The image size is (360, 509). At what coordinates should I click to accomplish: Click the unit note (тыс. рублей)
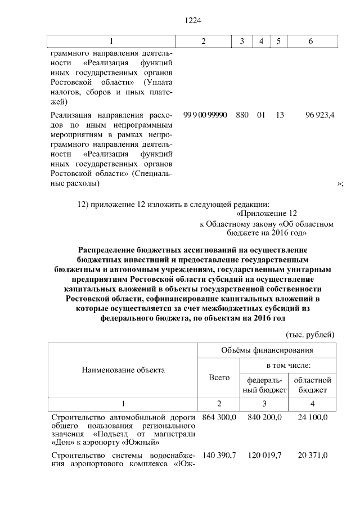click(x=310, y=334)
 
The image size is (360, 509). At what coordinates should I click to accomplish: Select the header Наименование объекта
click(x=123, y=370)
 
